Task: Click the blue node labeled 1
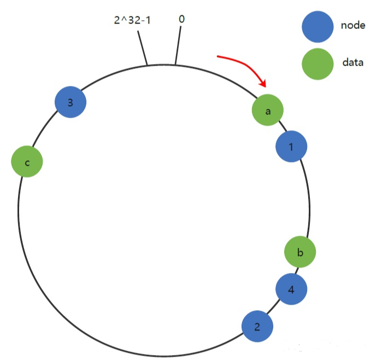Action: click(291, 146)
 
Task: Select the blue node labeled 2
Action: click(257, 327)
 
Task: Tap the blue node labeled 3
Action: click(71, 102)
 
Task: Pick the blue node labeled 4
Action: click(291, 289)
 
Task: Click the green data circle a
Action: click(268, 111)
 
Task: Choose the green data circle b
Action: click(300, 252)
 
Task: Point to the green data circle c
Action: click(27, 162)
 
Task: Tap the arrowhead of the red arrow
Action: click(264, 84)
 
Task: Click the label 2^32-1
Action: click(132, 20)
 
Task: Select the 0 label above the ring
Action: click(181, 19)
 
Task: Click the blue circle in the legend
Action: click(318, 27)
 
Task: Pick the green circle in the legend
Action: click(318, 63)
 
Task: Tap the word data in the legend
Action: click(353, 62)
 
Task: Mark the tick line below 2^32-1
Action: click(143, 48)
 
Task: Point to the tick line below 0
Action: click(178, 46)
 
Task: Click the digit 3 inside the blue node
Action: click(71, 102)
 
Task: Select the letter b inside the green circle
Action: click(300, 252)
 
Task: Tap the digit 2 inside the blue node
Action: click(257, 327)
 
